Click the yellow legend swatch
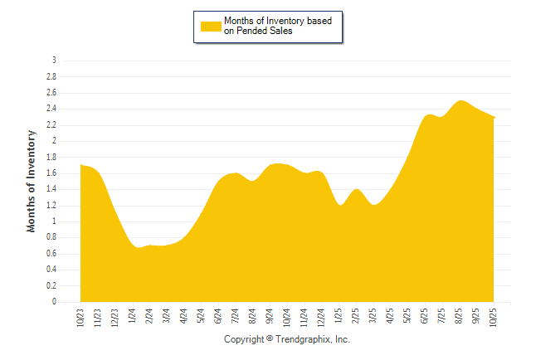pos(211,26)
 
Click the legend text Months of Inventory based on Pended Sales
pos(278,26)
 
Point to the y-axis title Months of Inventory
pos(32,181)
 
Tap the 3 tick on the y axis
pos(54,61)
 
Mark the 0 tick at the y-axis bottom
pos(54,303)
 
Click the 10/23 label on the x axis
pos(80,317)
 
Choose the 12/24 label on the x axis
pos(321,317)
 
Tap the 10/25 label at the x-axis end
pos(494,317)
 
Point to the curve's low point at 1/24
pos(139,247)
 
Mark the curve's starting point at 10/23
pos(80,165)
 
